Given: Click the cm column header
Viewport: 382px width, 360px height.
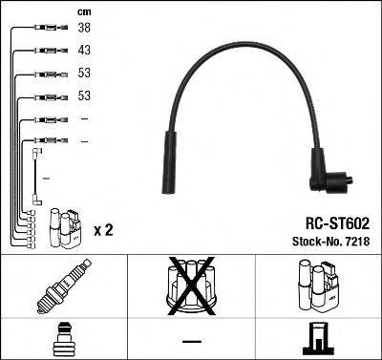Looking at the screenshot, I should (83, 11).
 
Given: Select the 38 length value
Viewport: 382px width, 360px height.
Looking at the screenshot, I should (83, 29).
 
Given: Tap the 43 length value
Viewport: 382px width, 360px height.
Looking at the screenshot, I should (83, 51).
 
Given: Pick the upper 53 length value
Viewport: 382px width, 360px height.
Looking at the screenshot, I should (83, 74).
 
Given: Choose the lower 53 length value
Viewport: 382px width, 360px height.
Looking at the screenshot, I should (83, 96).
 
